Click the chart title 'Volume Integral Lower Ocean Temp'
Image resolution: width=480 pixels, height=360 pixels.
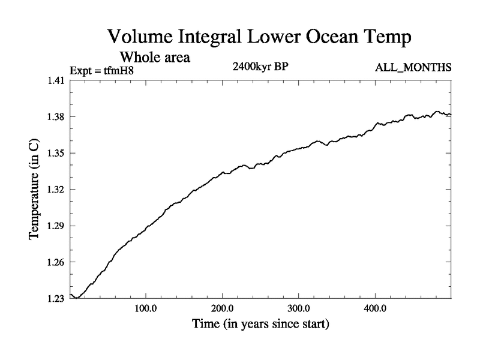259,37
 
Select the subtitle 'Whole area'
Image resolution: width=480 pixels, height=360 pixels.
155,58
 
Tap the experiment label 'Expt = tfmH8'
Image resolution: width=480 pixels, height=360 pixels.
98,70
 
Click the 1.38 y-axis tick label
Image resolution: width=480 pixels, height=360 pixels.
56,116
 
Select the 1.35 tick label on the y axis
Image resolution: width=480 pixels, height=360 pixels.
56,153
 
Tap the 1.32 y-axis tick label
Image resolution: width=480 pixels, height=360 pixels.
56,190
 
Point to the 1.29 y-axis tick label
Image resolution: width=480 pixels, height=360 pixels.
56,226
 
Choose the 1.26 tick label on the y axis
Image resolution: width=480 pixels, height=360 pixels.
56,262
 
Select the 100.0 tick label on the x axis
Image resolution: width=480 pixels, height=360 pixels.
146,310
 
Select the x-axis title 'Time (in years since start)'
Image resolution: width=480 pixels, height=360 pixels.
260,325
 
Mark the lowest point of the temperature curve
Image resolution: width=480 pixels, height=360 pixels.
77,298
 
